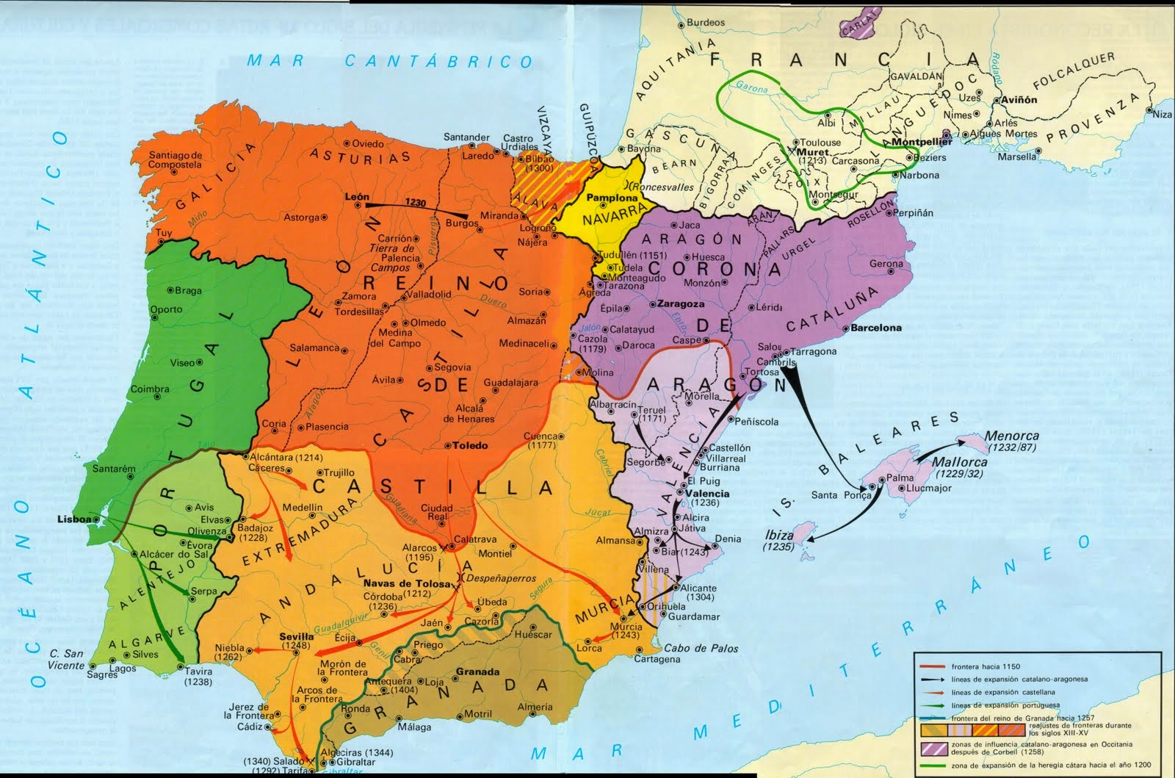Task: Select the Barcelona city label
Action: tap(876, 328)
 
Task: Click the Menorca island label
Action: tap(1012, 436)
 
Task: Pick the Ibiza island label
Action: tap(779, 534)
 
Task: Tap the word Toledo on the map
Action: tap(469, 445)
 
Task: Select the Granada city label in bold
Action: tap(477, 671)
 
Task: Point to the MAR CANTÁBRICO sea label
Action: tap(389, 61)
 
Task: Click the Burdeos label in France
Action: tap(704, 23)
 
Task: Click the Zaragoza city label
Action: tap(681, 303)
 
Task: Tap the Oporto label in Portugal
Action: tap(166, 309)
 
